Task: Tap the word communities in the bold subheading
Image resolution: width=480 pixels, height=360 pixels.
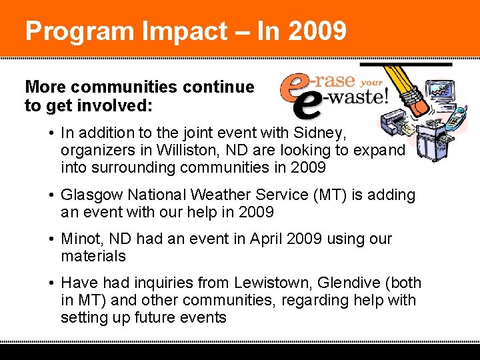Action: [133, 87]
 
